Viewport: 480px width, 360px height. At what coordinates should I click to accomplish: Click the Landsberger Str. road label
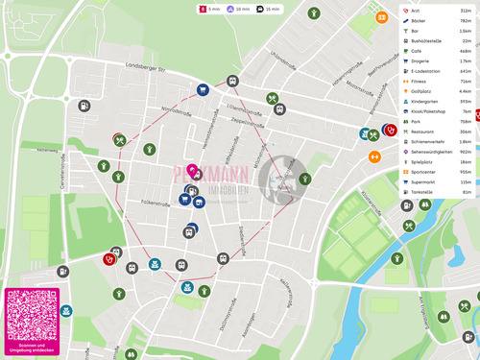click(x=147, y=67)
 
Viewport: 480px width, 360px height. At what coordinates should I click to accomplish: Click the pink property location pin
click(x=192, y=172)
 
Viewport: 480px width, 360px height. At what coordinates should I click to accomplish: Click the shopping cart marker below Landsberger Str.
click(x=204, y=90)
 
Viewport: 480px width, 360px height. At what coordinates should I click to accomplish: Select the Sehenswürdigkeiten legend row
click(x=437, y=152)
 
